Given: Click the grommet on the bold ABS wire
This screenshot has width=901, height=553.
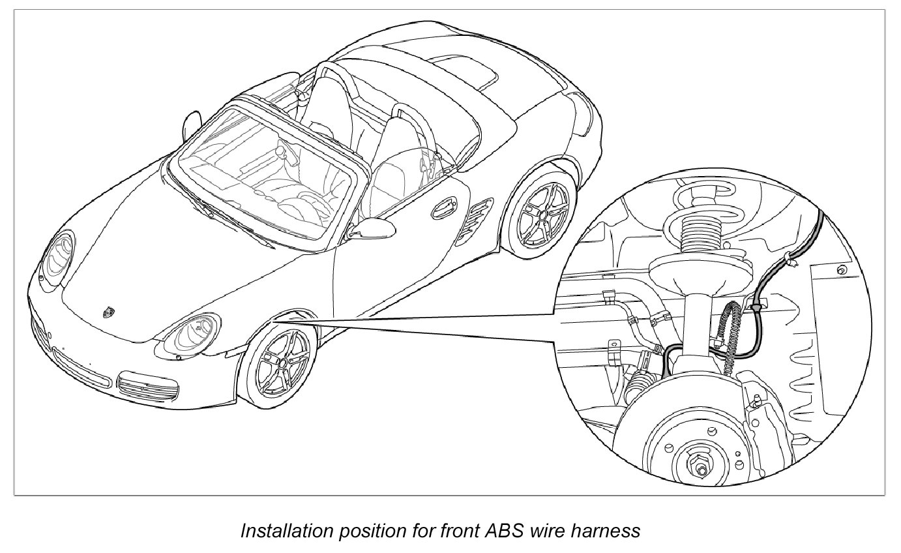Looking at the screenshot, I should (756, 305).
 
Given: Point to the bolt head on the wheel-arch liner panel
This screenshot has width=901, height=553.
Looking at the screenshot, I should (840, 269).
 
